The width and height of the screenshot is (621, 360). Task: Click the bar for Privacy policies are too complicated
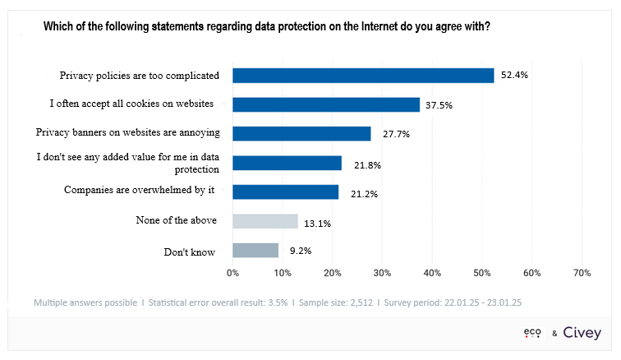click(x=363, y=76)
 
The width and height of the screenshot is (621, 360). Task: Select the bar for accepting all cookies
click(x=326, y=104)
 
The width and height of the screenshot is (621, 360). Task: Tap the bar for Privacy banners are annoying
click(x=301, y=133)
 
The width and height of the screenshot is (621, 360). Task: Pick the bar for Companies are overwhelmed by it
click(x=285, y=192)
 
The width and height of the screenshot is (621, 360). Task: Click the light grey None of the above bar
click(x=265, y=221)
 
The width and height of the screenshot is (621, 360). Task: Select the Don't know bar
click(x=255, y=251)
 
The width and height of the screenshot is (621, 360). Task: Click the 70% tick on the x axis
click(x=582, y=272)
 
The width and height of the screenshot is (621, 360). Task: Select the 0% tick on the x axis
click(x=232, y=272)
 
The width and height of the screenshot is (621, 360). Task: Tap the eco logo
click(x=534, y=332)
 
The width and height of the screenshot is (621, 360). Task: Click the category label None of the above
click(x=177, y=221)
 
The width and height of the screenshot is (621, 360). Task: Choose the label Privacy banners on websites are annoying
click(x=128, y=132)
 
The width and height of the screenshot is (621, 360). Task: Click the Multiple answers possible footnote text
click(x=85, y=302)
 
